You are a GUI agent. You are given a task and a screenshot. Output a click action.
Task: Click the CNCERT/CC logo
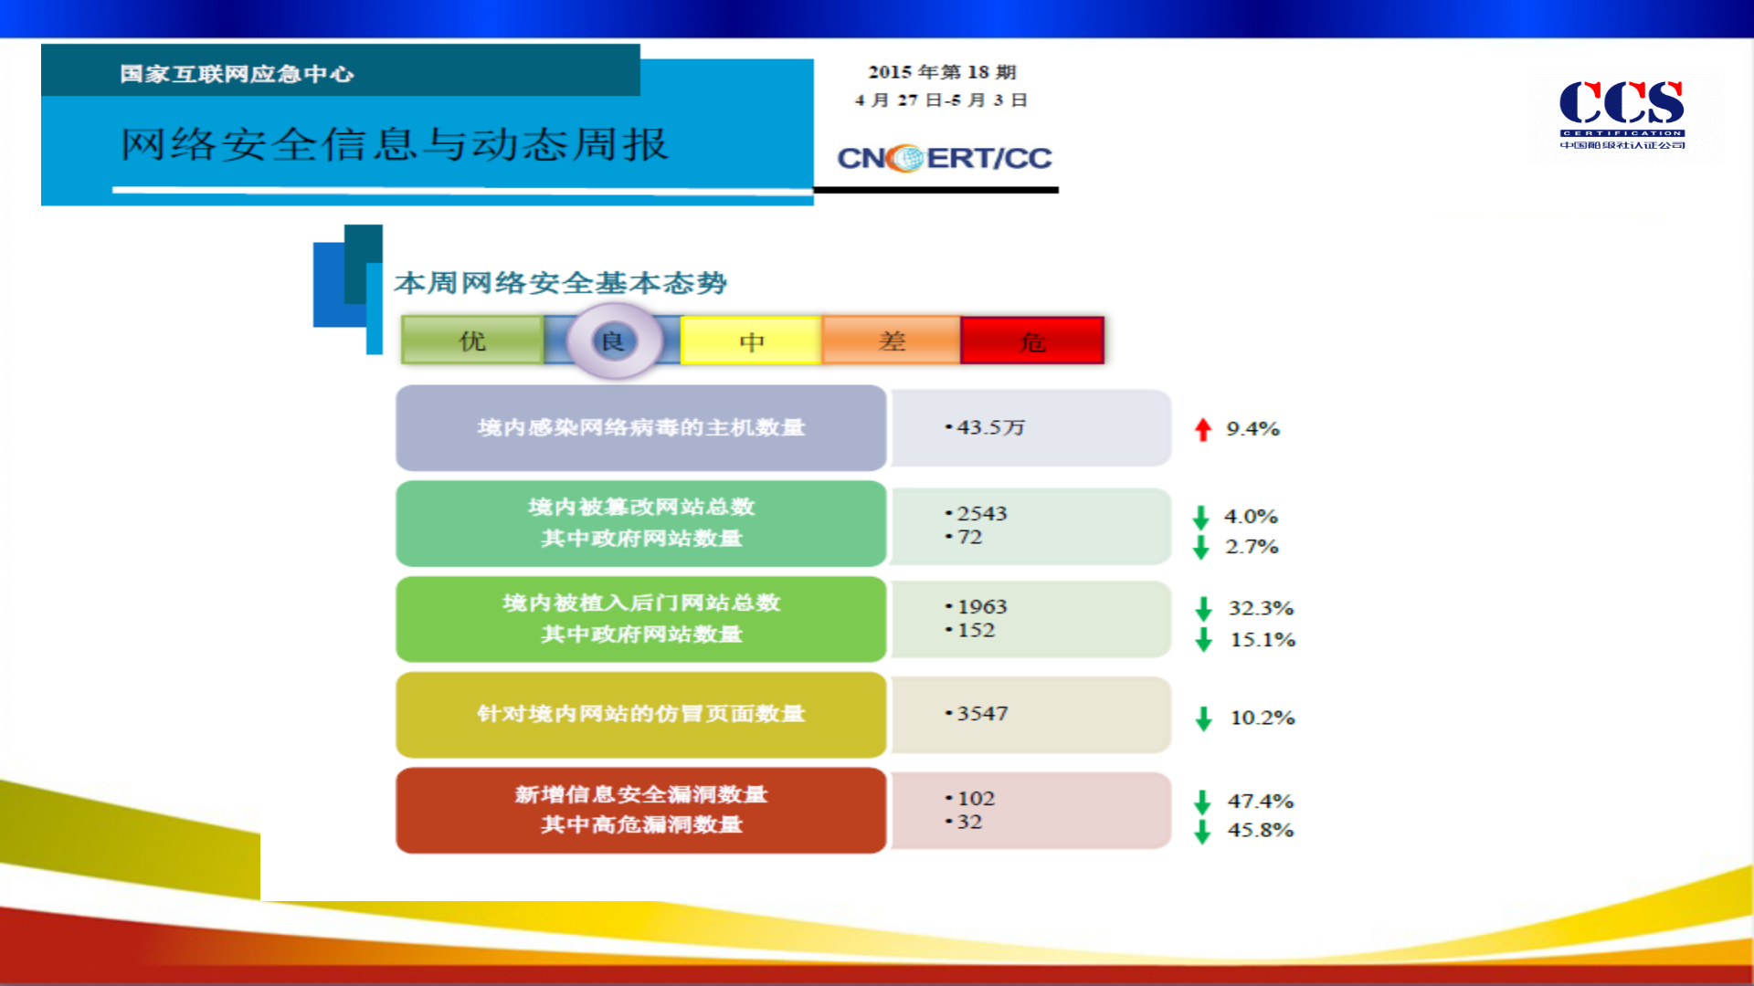[x=945, y=158]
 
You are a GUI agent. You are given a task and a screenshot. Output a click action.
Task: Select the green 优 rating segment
[x=472, y=341]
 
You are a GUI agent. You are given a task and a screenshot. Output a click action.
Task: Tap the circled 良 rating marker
[x=613, y=341]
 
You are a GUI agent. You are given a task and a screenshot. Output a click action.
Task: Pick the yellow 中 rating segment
[x=752, y=341]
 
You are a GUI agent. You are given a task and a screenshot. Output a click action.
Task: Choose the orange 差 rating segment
[x=892, y=341]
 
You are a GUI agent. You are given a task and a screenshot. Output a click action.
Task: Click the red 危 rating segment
[x=1032, y=341]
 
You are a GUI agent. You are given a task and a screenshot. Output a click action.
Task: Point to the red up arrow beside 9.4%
[x=1202, y=429]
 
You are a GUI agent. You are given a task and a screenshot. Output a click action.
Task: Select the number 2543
[x=981, y=513]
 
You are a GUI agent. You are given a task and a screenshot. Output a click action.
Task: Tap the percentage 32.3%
[x=1261, y=608]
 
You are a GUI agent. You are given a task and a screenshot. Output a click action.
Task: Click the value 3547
[x=982, y=713]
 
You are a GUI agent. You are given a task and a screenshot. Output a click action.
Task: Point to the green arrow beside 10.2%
[x=1203, y=719]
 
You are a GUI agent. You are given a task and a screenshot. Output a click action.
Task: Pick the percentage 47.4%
[x=1260, y=801]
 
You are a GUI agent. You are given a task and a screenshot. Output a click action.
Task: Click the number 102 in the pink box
[x=976, y=798]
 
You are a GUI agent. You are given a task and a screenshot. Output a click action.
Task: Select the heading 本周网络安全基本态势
[x=561, y=283]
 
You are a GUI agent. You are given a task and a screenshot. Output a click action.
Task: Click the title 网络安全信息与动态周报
[x=395, y=144]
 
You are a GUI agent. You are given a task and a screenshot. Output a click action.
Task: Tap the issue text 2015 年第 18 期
[x=942, y=71]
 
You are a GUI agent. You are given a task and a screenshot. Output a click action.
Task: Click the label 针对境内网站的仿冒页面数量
[x=640, y=713]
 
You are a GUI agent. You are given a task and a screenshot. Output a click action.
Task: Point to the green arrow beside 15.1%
[x=1203, y=639]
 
